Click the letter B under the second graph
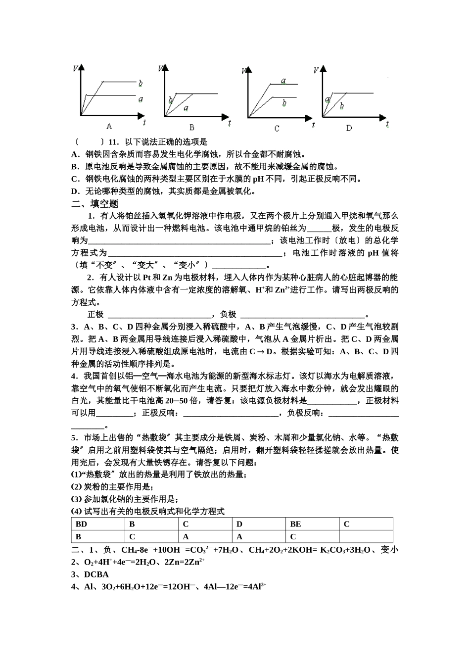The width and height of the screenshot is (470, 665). pyautogui.click(x=192, y=127)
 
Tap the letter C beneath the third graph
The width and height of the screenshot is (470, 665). pyautogui.click(x=277, y=128)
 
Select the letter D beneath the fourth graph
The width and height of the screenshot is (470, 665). pyautogui.click(x=349, y=128)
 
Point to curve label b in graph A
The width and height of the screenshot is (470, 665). pyautogui.click(x=141, y=83)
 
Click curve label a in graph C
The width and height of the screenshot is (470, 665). pyautogui.click(x=283, y=81)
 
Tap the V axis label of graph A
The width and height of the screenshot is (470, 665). pyautogui.click(x=75, y=68)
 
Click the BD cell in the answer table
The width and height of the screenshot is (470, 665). pyautogui.click(x=81, y=524)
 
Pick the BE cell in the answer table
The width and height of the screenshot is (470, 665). pyautogui.click(x=295, y=524)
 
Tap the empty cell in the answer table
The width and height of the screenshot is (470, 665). pyautogui.click(x=366, y=536)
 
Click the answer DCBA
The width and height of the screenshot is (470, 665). pyautogui.click(x=96, y=574)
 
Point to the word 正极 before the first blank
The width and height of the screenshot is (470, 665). pyautogui.click(x=95, y=315)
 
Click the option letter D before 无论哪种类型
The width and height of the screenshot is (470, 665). pyautogui.click(x=75, y=191)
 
